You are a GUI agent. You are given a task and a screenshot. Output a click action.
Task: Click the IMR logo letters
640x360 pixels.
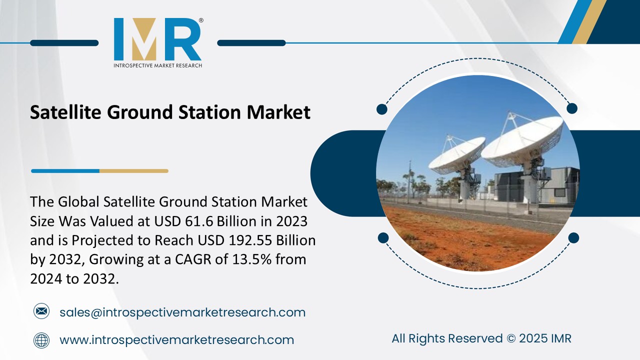(157, 39)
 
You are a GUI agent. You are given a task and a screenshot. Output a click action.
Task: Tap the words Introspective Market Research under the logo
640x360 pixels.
(157, 65)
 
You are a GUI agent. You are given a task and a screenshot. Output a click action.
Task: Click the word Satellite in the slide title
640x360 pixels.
(65, 112)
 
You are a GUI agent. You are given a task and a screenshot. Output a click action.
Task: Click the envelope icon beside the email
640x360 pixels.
(41, 312)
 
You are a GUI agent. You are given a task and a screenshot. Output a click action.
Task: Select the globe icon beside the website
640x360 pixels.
(41, 340)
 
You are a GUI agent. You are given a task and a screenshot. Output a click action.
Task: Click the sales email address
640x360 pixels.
(182, 312)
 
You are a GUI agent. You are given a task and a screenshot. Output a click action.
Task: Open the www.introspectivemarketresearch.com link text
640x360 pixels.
(176, 340)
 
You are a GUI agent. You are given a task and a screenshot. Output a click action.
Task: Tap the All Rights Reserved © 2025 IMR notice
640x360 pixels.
(481, 338)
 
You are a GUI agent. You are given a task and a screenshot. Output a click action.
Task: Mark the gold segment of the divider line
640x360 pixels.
(133, 171)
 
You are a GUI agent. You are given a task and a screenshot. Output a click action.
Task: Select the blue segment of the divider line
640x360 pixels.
(65, 171)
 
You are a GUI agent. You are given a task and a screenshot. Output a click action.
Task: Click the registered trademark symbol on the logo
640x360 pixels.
(201, 21)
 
